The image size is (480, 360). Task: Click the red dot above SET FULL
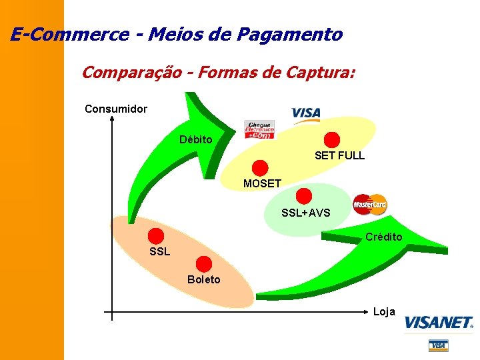pyautogui.click(x=331, y=140)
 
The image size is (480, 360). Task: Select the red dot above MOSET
pyautogui.click(x=260, y=168)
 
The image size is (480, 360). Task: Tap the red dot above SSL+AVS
pyautogui.click(x=304, y=196)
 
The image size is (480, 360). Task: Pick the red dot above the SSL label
pyautogui.click(x=156, y=236)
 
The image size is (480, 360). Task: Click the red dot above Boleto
pyautogui.click(x=204, y=263)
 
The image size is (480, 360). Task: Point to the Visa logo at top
pyautogui.click(x=306, y=114)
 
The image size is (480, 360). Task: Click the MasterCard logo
pyautogui.click(x=370, y=204)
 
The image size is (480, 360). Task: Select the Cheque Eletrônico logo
pyautogui.click(x=259, y=129)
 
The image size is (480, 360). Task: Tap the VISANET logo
pyautogui.click(x=439, y=323)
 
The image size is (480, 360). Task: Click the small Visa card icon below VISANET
pyautogui.click(x=438, y=345)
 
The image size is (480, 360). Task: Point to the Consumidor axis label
pyautogui.click(x=116, y=109)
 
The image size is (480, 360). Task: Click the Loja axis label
pyautogui.click(x=384, y=311)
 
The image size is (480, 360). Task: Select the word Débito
pyautogui.click(x=196, y=140)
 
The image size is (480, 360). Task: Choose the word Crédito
pyautogui.click(x=383, y=237)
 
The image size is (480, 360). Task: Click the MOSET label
pyautogui.click(x=262, y=183)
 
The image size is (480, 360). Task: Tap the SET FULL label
pyautogui.click(x=339, y=156)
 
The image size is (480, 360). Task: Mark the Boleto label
pyautogui.click(x=203, y=279)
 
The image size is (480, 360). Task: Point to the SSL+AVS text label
pyautogui.click(x=306, y=213)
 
